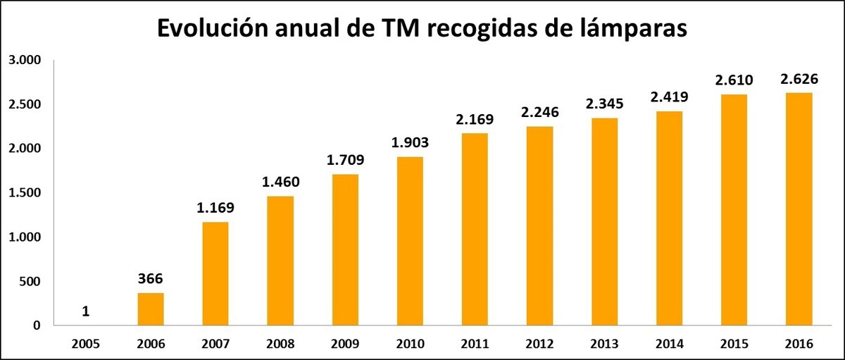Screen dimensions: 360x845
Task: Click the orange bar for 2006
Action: point(150,309)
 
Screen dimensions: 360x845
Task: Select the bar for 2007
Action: point(215,274)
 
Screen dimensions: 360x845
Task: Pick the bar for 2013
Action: point(604,222)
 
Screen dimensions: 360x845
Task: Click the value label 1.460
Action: point(280,182)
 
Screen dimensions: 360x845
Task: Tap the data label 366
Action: point(150,279)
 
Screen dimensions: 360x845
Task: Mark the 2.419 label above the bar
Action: point(669,97)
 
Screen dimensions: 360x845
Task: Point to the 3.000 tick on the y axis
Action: point(26,60)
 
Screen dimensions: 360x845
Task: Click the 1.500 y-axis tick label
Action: point(26,193)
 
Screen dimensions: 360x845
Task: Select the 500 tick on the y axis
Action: point(32,282)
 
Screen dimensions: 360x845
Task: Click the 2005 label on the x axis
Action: point(85,345)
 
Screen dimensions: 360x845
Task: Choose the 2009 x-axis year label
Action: point(345,345)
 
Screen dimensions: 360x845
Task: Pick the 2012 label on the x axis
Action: point(539,345)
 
